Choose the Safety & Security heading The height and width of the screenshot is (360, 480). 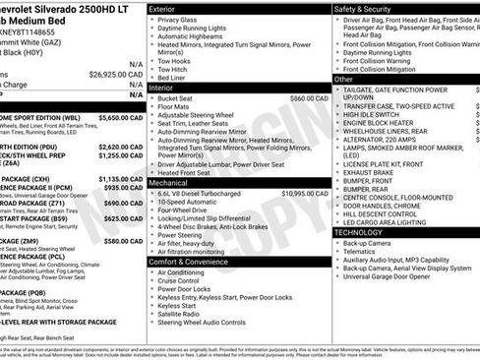365,9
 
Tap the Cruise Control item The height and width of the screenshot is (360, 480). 184,282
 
